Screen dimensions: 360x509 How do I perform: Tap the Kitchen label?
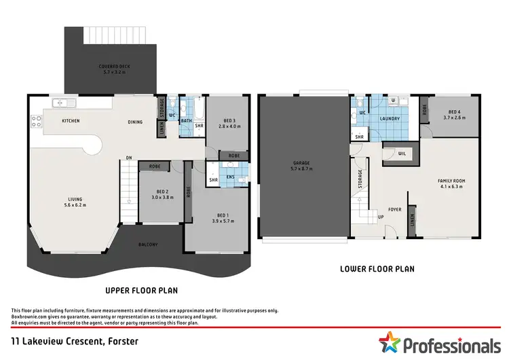(x=71, y=122)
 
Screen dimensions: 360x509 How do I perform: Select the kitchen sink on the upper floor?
(x=63, y=103)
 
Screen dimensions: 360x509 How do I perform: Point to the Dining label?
(x=135, y=122)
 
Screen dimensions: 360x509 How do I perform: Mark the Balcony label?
(x=149, y=245)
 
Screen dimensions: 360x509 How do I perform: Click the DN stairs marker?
(x=128, y=159)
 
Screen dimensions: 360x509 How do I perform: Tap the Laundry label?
(x=390, y=119)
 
